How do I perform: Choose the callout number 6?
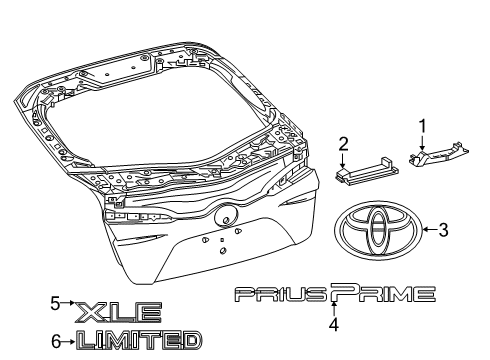57,342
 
